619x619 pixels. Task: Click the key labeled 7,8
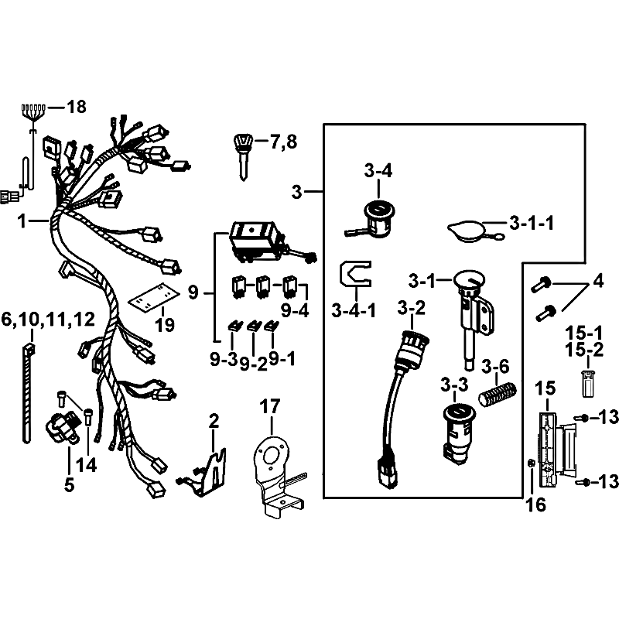[243, 157]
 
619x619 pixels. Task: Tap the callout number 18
[77, 107]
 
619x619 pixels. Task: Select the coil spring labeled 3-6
[498, 393]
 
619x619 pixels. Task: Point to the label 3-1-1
[532, 224]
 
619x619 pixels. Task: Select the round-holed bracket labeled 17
[276, 474]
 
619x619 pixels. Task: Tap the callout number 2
[214, 421]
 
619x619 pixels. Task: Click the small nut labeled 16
[532, 462]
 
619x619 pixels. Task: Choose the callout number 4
[598, 281]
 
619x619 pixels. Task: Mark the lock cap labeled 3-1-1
[470, 231]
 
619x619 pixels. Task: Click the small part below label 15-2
[588, 383]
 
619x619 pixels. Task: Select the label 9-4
[295, 311]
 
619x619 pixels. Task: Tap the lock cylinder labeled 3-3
[458, 433]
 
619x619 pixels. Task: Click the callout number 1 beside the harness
[22, 221]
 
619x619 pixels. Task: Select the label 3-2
[412, 308]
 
